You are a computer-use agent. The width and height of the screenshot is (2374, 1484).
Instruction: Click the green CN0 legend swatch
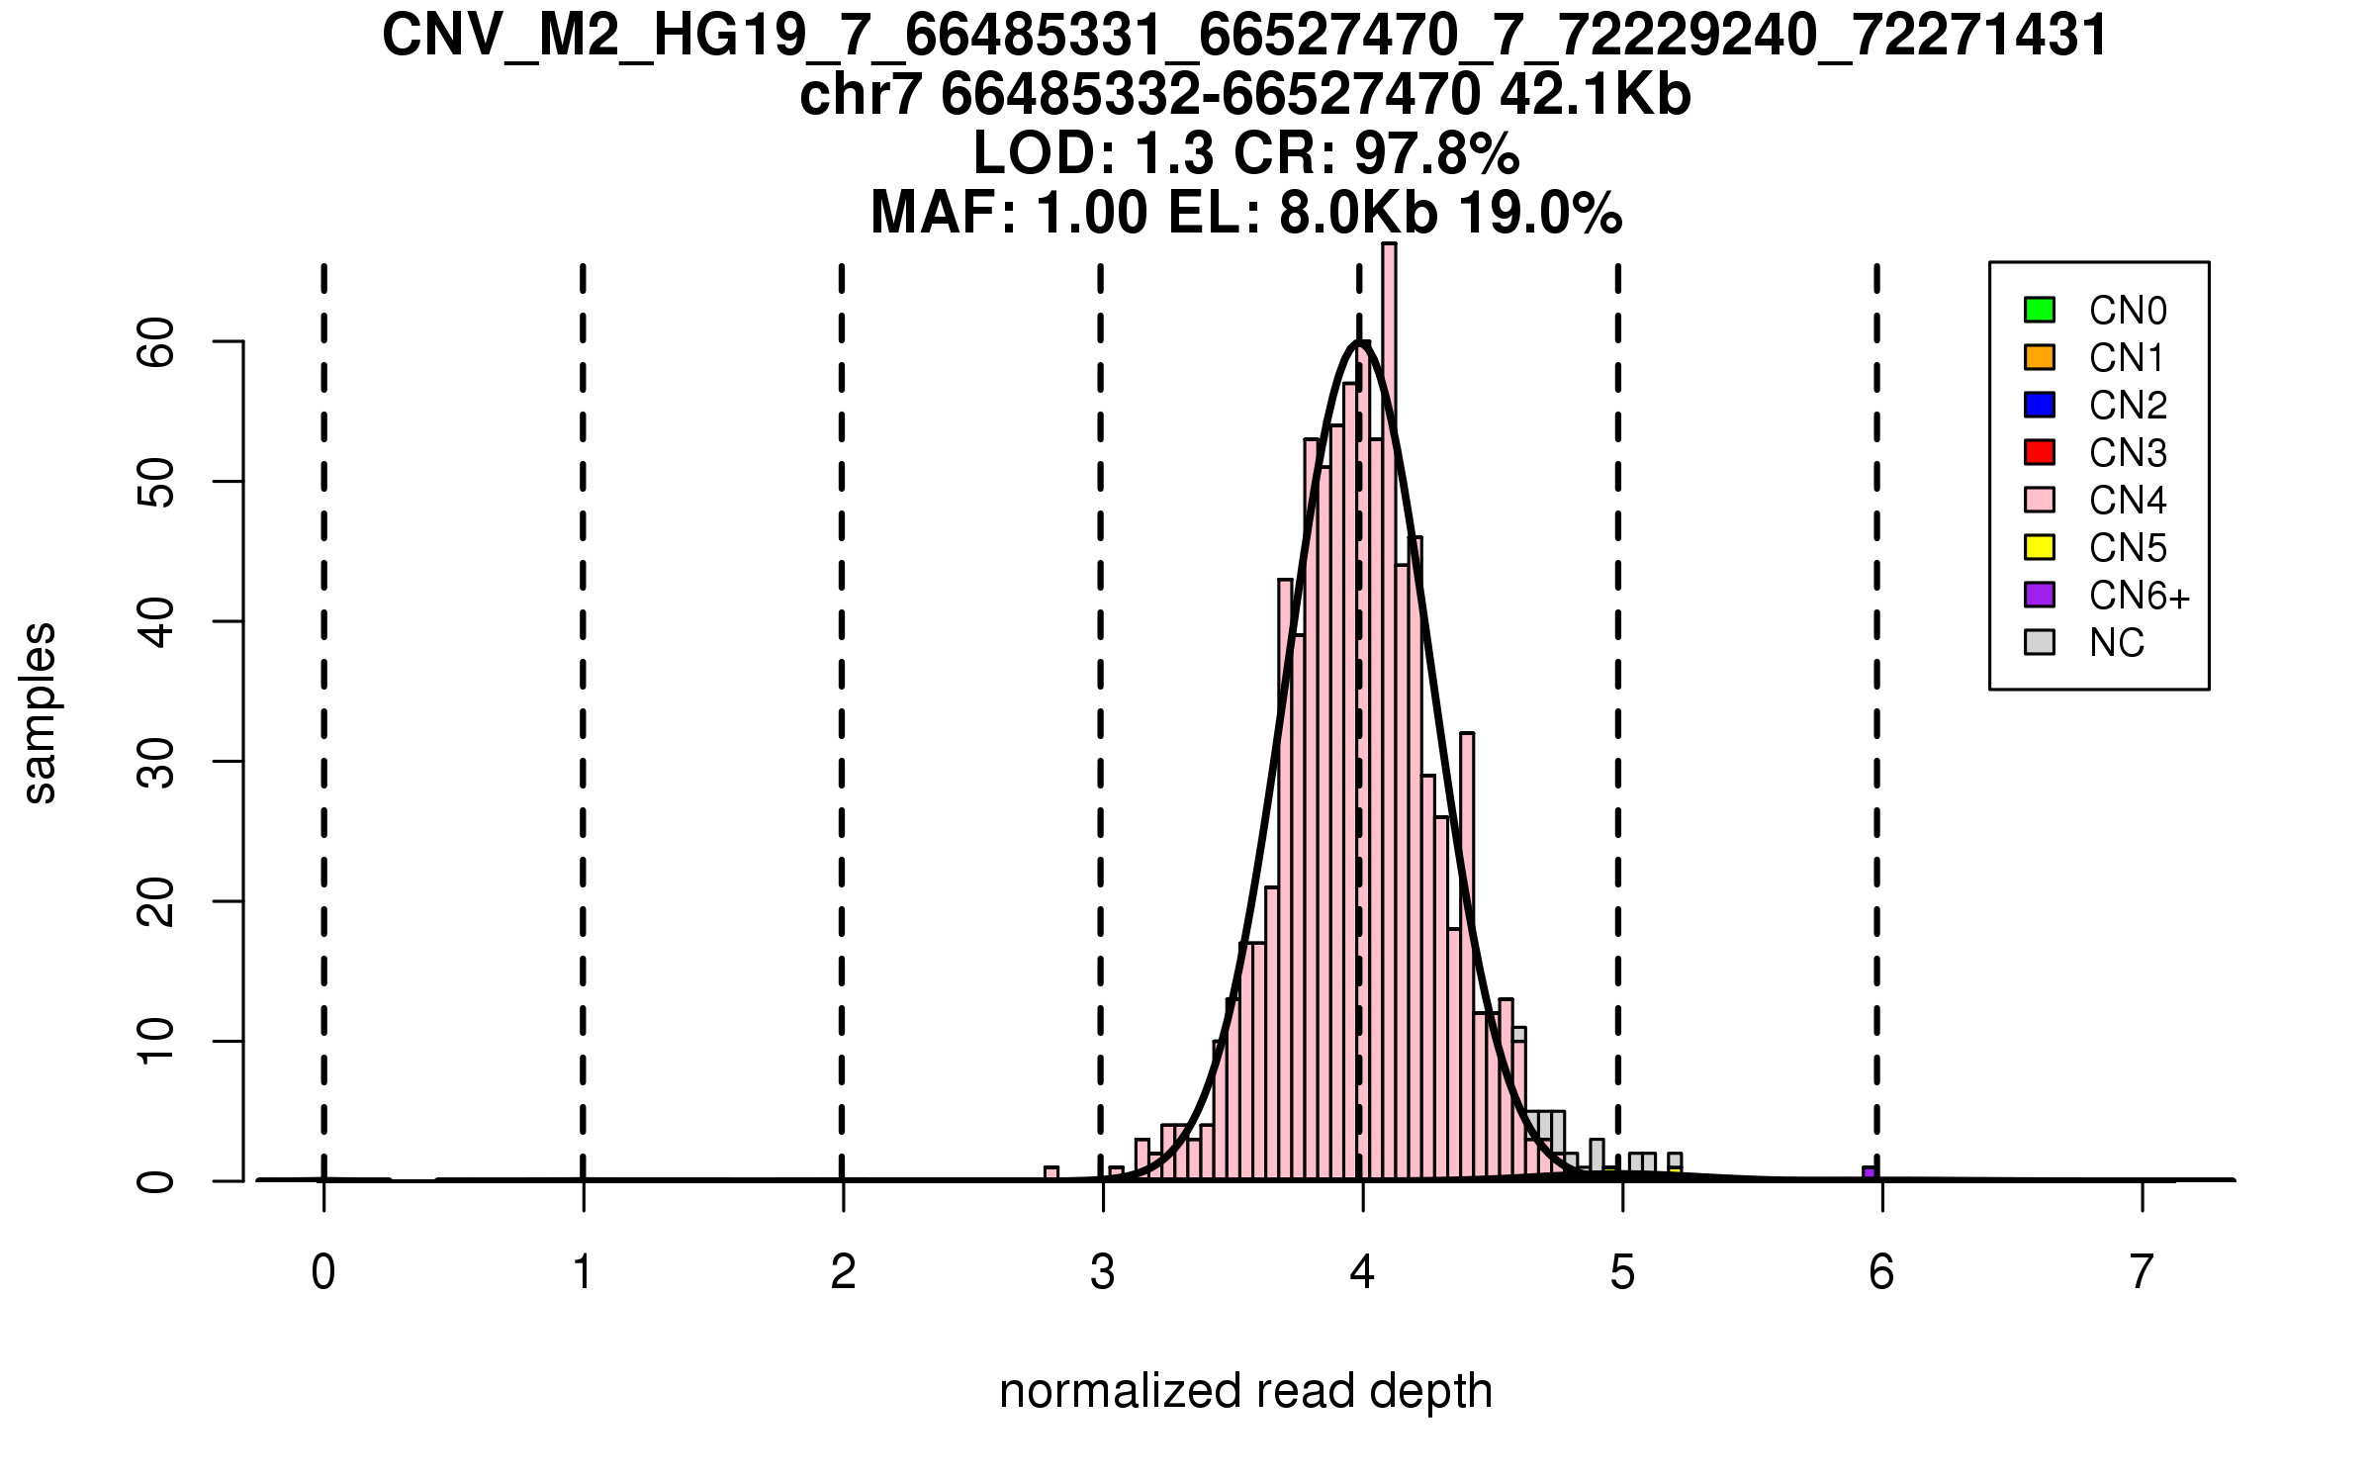click(2039, 310)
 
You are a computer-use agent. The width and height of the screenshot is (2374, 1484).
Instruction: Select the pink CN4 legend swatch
click(2039, 500)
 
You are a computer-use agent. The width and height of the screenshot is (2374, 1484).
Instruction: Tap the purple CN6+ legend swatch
click(2039, 595)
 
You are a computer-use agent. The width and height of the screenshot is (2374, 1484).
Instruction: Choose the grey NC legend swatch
click(2039, 642)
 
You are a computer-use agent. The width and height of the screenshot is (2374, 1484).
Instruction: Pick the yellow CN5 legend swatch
click(2039, 547)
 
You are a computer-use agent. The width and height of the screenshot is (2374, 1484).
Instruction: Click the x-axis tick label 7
click(2142, 1272)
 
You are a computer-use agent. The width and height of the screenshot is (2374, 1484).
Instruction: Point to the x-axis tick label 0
click(323, 1272)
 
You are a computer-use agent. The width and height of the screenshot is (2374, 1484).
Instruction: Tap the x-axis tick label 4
click(1362, 1272)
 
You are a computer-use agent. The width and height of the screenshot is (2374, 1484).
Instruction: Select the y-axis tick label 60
click(156, 342)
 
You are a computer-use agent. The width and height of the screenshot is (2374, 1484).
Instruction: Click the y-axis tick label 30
click(156, 762)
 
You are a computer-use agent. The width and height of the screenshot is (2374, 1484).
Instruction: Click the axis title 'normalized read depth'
click(1245, 1391)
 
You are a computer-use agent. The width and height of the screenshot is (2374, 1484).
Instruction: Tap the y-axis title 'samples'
click(40, 712)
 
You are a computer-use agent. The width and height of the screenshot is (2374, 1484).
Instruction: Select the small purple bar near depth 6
click(1869, 1173)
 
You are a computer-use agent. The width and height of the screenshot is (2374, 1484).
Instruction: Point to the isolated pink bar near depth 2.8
click(1051, 1173)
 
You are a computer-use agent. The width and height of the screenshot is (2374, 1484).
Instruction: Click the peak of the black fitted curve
click(1361, 342)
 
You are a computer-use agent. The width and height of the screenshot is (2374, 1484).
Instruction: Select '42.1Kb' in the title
click(1595, 95)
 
